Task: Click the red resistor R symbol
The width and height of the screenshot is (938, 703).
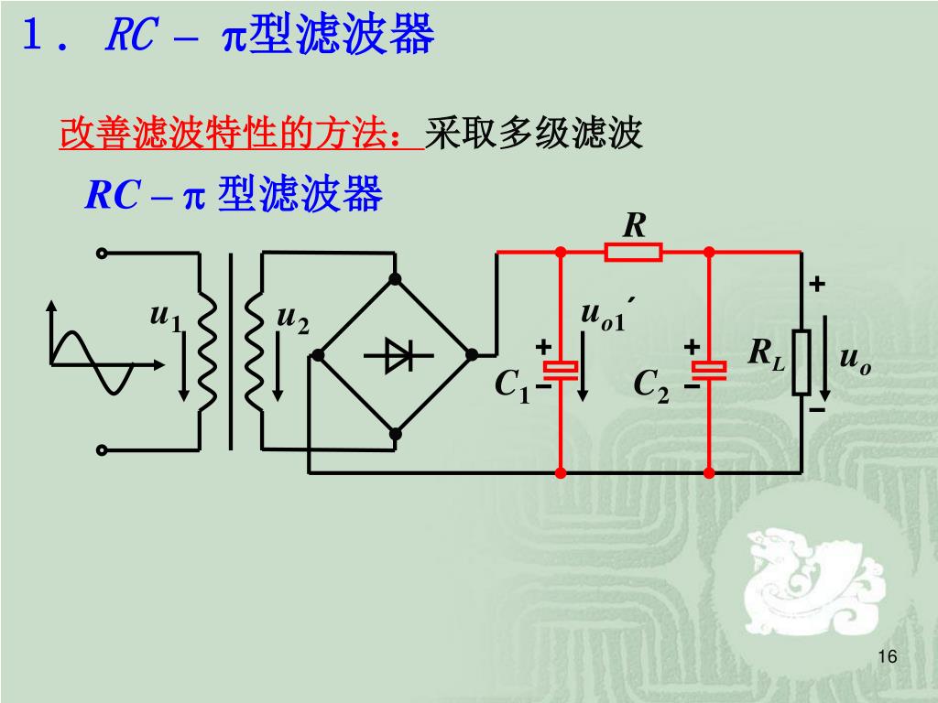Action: pos(633,252)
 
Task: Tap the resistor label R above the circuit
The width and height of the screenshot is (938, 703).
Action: pos(634,224)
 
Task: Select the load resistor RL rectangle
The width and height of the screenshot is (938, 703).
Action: pos(802,362)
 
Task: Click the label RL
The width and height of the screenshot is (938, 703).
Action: pos(766,353)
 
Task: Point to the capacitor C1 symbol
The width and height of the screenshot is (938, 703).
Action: pos(560,370)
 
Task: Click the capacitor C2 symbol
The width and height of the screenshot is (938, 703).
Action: pos(709,370)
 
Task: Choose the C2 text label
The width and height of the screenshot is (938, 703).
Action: pos(651,386)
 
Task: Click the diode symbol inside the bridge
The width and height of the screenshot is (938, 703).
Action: pos(396,355)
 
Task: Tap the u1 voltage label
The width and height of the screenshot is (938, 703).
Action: pos(166,318)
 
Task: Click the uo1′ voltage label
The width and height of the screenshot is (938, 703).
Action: pos(606,314)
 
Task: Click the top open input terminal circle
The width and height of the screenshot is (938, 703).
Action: pos(102,253)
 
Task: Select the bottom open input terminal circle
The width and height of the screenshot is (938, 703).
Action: pos(102,449)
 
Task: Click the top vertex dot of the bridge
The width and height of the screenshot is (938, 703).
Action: pos(396,278)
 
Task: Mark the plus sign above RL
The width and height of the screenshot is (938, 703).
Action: pos(816,286)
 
